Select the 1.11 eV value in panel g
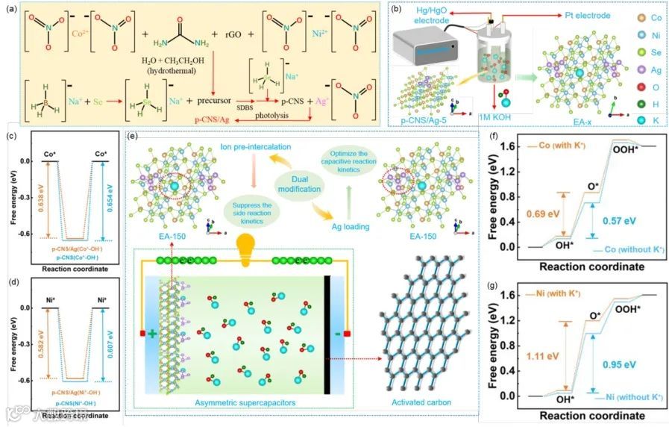point(527,357)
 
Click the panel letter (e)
point(134,136)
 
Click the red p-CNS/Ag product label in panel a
point(213,119)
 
